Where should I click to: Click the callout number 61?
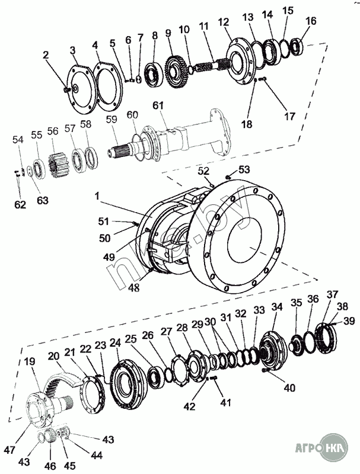(x=158, y=106)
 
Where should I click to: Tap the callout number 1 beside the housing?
(x=97, y=196)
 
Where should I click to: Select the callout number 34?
(x=277, y=307)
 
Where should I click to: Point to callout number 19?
(x=30, y=361)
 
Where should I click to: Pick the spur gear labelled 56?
(x=59, y=165)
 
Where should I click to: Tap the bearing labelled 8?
(x=155, y=75)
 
